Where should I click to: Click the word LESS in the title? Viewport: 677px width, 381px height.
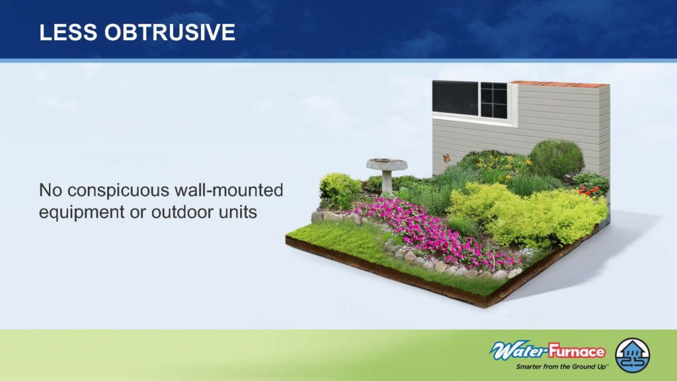coord(68,32)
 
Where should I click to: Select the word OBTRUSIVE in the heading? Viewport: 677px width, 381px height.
coord(170,32)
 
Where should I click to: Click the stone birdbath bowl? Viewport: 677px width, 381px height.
coord(386,164)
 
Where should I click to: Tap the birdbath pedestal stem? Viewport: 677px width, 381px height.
coord(387,181)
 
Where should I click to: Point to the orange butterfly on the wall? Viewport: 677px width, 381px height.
coord(446,159)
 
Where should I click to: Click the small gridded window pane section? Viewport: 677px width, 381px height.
coord(494,101)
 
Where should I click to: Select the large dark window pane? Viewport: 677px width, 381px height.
coord(455,98)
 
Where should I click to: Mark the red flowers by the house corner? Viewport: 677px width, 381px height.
coord(589,190)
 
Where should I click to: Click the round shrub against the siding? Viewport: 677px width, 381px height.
coord(556,159)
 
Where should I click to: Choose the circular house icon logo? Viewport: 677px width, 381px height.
coord(633,355)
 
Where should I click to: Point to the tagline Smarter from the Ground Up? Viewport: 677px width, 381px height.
coord(562,366)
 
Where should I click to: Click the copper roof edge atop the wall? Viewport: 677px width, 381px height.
coord(559,84)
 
